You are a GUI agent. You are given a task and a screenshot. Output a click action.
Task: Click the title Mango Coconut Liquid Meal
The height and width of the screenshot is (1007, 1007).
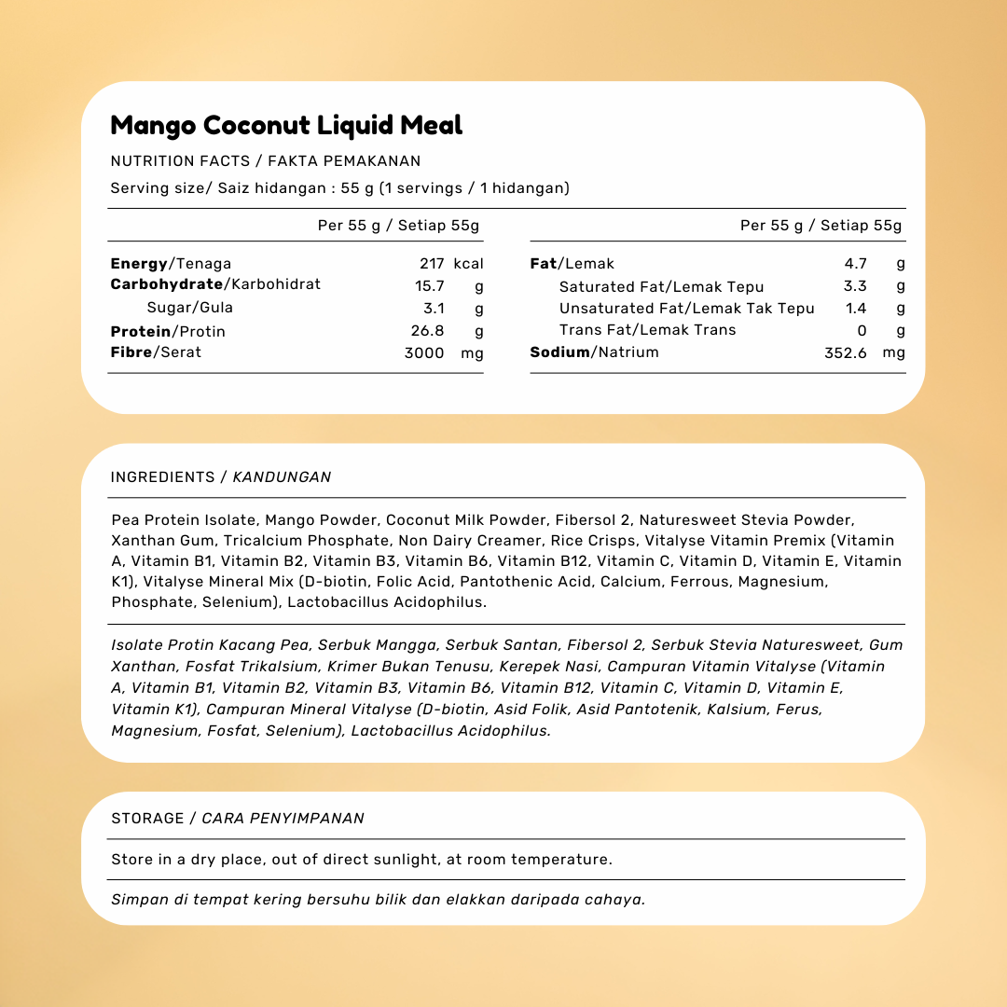coord(286,125)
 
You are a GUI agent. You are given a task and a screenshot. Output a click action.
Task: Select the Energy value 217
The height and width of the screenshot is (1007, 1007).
coord(432,264)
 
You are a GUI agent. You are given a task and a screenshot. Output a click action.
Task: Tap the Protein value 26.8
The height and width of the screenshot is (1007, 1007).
coord(429,331)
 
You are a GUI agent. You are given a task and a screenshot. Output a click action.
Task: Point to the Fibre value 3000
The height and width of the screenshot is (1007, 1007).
coord(424,352)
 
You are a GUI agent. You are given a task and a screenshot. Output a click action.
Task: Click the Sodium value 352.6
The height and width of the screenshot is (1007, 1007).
coord(846,352)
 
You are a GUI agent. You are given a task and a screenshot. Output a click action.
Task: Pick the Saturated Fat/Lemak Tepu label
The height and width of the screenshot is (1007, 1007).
coord(661,287)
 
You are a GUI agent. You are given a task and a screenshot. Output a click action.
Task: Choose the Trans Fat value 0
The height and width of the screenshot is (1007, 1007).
coord(862,330)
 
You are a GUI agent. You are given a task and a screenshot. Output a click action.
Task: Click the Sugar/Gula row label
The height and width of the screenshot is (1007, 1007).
coord(190,308)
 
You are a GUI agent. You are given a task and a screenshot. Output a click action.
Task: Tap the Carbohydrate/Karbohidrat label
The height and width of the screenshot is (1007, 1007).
coord(215,284)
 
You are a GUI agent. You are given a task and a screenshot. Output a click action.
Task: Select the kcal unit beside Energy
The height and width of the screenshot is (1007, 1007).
coord(469,264)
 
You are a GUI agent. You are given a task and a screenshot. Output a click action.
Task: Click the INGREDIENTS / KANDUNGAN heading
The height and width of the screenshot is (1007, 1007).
coord(221,477)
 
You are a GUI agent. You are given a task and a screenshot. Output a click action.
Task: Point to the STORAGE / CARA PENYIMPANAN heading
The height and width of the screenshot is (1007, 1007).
coord(238,819)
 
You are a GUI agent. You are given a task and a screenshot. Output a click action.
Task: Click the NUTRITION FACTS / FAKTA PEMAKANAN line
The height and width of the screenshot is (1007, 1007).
coord(266,161)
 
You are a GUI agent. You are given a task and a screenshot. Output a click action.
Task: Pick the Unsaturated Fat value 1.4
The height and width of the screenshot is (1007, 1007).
coord(856,309)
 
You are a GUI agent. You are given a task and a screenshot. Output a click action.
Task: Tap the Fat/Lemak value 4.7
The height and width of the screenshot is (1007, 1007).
coord(856,264)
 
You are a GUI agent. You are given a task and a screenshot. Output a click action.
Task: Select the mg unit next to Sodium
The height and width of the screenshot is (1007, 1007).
coord(893,352)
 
